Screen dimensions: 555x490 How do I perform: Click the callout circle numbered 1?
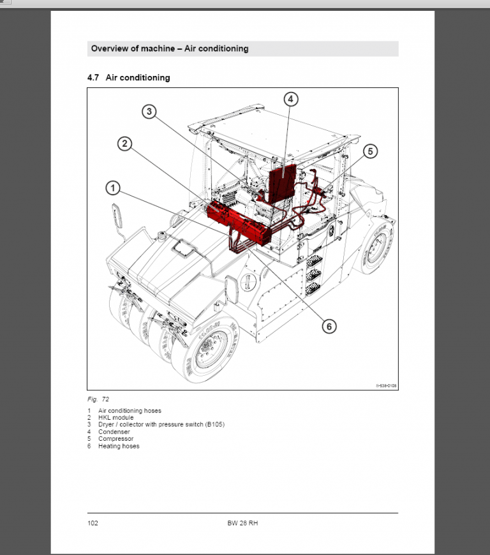(112, 188)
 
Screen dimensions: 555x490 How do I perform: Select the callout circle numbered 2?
(125, 144)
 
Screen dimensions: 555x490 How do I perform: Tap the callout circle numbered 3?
(149, 112)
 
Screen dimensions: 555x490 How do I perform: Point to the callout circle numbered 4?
(290, 99)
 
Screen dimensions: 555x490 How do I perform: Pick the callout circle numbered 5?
(371, 151)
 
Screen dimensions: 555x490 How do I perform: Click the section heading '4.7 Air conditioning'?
(128, 78)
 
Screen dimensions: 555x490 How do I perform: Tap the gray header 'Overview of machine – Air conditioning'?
(170, 48)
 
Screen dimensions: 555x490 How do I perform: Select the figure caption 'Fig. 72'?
(98, 399)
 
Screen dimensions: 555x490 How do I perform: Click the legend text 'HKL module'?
(116, 418)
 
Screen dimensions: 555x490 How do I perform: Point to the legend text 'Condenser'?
(114, 432)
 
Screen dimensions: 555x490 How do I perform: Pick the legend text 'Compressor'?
(116, 439)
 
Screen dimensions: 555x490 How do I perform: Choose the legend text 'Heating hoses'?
(119, 446)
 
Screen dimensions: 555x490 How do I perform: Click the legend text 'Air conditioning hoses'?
(130, 411)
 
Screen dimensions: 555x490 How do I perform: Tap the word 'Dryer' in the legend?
(107, 425)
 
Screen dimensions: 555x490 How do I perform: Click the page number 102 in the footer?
(93, 523)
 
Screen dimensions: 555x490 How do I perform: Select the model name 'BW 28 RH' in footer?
(242, 523)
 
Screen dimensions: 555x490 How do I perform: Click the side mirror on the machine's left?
(117, 215)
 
